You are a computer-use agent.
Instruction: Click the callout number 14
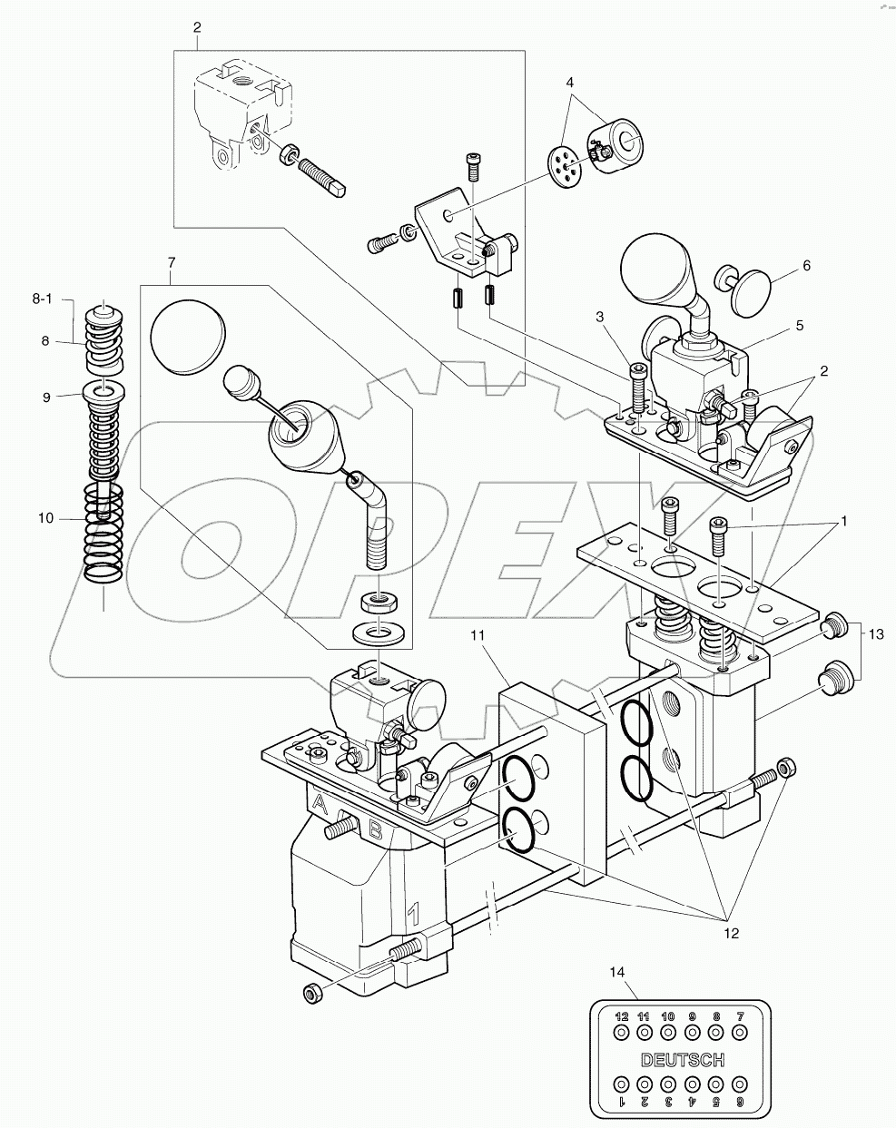pyautogui.click(x=617, y=972)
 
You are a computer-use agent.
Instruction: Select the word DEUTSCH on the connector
pyautogui.click(x=682, y=1059)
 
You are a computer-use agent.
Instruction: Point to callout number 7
pyautogui.click(x=171, y=263)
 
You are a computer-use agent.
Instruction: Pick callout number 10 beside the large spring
pyautogui.click(x=44, y=518)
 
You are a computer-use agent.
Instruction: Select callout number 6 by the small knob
pyautogui.click(x=805, y=266)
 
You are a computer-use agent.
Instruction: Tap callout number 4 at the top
pyautogui.click(x=570, y=82)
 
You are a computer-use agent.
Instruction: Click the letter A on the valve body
pyautogui.click(x=318, y=803)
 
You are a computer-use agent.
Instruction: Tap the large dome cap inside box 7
pyautogui.click(x=188, y=337)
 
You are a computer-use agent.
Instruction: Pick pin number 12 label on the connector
pyautogui.click(x=622, y=1015)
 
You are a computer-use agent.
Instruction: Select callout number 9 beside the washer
pyautogui.click(x=44, y=396)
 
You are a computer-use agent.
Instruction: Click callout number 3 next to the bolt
pyautogui.click(x=599, y=316)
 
